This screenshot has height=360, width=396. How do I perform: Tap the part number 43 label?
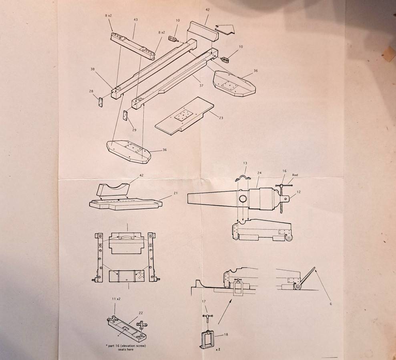(135, 20)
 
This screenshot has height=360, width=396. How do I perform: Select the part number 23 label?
(221, 118)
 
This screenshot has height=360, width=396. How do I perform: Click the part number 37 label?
(201, 86)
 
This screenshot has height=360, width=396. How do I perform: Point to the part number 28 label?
(91, 91)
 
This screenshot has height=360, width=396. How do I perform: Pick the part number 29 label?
(134, 130)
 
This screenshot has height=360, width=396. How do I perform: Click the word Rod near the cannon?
(295, 175)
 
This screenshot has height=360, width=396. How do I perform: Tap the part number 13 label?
(245, 163)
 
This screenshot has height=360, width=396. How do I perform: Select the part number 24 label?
(259, 173)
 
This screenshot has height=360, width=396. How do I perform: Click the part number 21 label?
(175, 193)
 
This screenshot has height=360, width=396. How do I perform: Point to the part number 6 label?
(331, 304)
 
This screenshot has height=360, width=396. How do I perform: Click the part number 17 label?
(204, 301)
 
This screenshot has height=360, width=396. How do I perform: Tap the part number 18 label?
(226, 334)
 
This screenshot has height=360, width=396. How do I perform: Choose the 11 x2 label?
(116, 299)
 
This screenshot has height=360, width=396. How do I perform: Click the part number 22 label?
(141, 313)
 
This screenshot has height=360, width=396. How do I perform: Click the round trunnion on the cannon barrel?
(243, 199)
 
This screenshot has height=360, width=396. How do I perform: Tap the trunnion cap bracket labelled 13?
(243, 178)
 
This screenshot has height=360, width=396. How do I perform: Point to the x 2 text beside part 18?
(218, 350)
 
